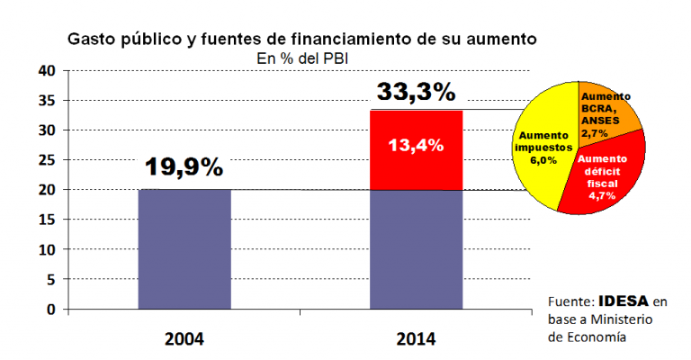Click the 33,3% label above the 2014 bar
tap(417, 91)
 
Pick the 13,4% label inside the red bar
tap(416, 145)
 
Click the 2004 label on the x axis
tap(184, 339)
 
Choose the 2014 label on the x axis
tap(416, 339)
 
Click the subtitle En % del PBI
tap(302, 58)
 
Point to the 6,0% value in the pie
tap(542, 159)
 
